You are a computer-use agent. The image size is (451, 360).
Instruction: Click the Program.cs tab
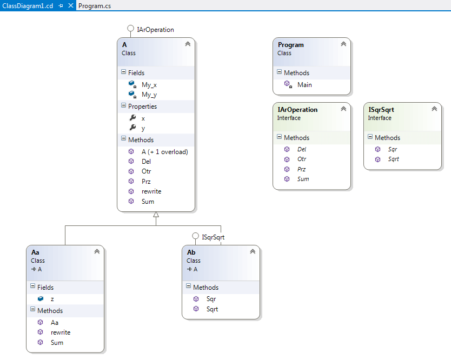click(x=95, y=6)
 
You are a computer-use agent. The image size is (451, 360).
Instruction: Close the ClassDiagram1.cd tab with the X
click(x=70, y=5)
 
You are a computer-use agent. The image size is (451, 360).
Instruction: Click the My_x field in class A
click(x=149, y=85)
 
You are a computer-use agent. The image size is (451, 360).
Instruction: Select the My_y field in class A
click(x=149, y=95)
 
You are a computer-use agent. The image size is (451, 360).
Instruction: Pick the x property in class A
click(x=143, y=118)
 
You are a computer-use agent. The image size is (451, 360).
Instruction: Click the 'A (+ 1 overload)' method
click(x=164, y=151)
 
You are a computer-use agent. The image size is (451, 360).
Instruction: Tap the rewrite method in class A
click(x=151, y=191)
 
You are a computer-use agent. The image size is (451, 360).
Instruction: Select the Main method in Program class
click(x=304, y=85)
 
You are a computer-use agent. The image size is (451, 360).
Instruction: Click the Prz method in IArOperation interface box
click(x=301, y=169)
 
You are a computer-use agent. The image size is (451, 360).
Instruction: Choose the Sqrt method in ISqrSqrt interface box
click(x=393, y=159)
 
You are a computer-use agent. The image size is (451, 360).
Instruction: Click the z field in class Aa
click(x=52, y=299)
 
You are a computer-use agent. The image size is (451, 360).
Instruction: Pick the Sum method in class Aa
click(x=57, y=343)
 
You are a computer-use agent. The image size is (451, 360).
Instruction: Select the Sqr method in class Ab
click(x=211, y=299)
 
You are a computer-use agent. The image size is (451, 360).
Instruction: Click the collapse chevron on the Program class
click(x=343, y=44)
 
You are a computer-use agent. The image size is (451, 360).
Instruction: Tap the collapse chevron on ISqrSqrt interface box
click(x=434, y=109)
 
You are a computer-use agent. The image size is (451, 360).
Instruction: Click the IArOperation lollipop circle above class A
click(x=130, y=29)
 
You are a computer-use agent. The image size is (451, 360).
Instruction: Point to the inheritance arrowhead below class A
click(x=156, y=215)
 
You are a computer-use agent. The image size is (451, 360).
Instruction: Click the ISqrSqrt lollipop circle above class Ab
click(x=195, y=236)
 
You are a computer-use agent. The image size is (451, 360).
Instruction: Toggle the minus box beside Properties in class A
click(x=124, y=105)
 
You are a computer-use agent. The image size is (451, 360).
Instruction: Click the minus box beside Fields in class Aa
click(x=33, y=286)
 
